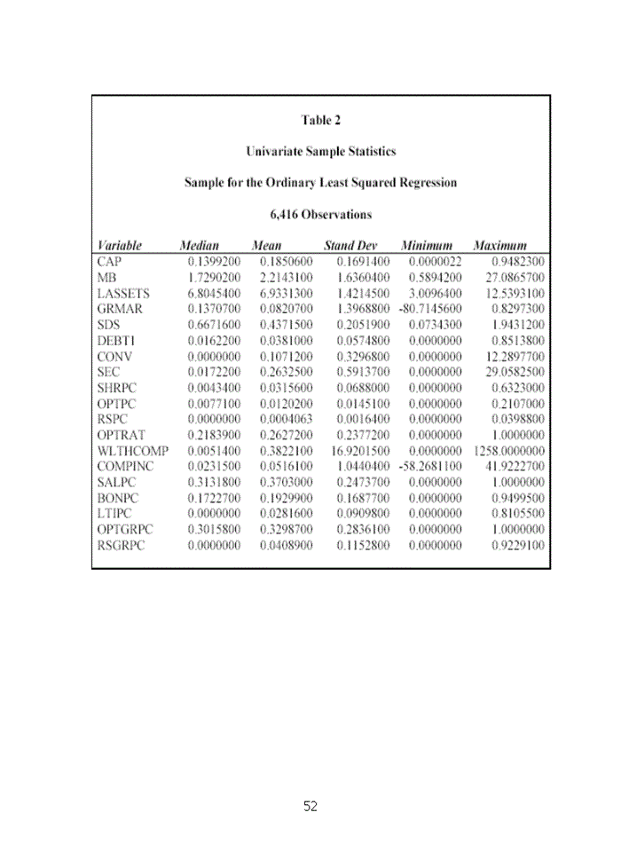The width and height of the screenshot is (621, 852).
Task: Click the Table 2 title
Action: pos(320,120)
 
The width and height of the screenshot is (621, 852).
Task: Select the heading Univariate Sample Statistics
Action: pos(320,151)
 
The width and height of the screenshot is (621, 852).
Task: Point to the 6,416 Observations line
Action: pos(320,214)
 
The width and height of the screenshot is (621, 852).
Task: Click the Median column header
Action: pos(199,245)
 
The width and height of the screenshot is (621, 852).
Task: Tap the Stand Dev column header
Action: pos(350,245)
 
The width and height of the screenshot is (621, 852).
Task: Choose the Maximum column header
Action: pos(500,245)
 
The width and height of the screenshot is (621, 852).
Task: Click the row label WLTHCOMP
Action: pos(133,451)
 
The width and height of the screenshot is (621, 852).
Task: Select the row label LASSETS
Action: pos(123,293)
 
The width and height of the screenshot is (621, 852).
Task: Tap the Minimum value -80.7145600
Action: pos(430,309)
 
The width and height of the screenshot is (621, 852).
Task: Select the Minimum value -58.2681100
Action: pos(430,467)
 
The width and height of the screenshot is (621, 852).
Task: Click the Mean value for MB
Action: pos(286,277)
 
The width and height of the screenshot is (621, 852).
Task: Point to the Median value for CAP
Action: pos(214,262)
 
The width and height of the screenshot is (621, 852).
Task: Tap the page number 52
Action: pos(310,806)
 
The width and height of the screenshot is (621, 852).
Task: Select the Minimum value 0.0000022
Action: pos(435,262)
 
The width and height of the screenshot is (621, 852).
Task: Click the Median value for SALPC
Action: pos(214,483)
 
